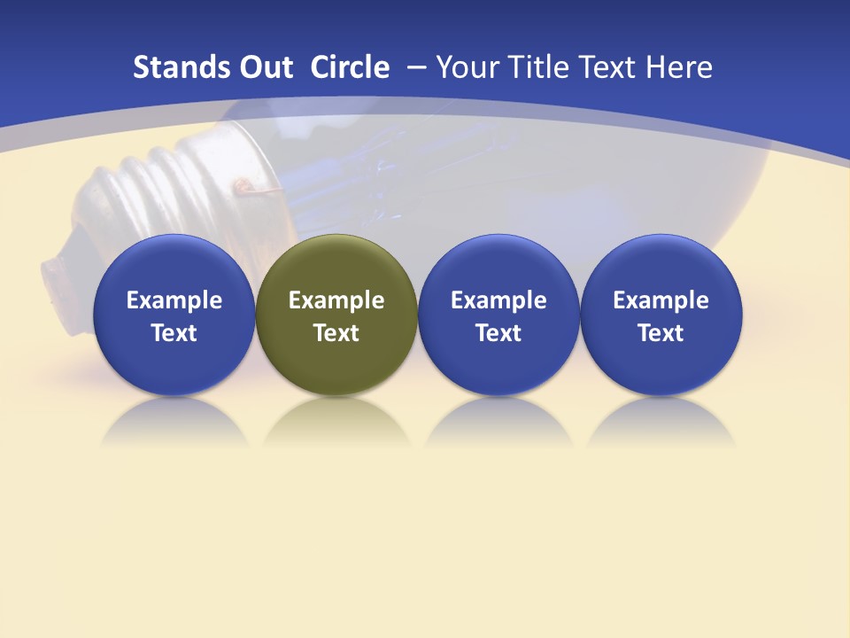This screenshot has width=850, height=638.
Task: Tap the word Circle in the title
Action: coord(350,67)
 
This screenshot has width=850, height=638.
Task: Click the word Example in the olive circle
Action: coord(336,300)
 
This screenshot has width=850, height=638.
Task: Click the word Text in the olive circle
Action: coord(336,333)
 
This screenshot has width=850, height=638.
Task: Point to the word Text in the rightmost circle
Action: coord(661,333)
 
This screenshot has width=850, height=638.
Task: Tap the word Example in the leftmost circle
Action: coord(174,300)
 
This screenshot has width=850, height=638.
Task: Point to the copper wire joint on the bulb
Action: coord(242,185)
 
